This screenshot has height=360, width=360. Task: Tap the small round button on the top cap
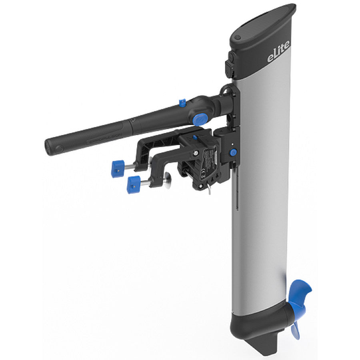[x=238, y=37]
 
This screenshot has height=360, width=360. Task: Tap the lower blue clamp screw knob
[x=134, y=184]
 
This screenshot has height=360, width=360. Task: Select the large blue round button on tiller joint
[x=200, y=119]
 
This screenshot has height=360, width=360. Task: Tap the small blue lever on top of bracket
[x=195, y=138]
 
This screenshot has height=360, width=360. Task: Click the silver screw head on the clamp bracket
[x=195, y=154]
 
